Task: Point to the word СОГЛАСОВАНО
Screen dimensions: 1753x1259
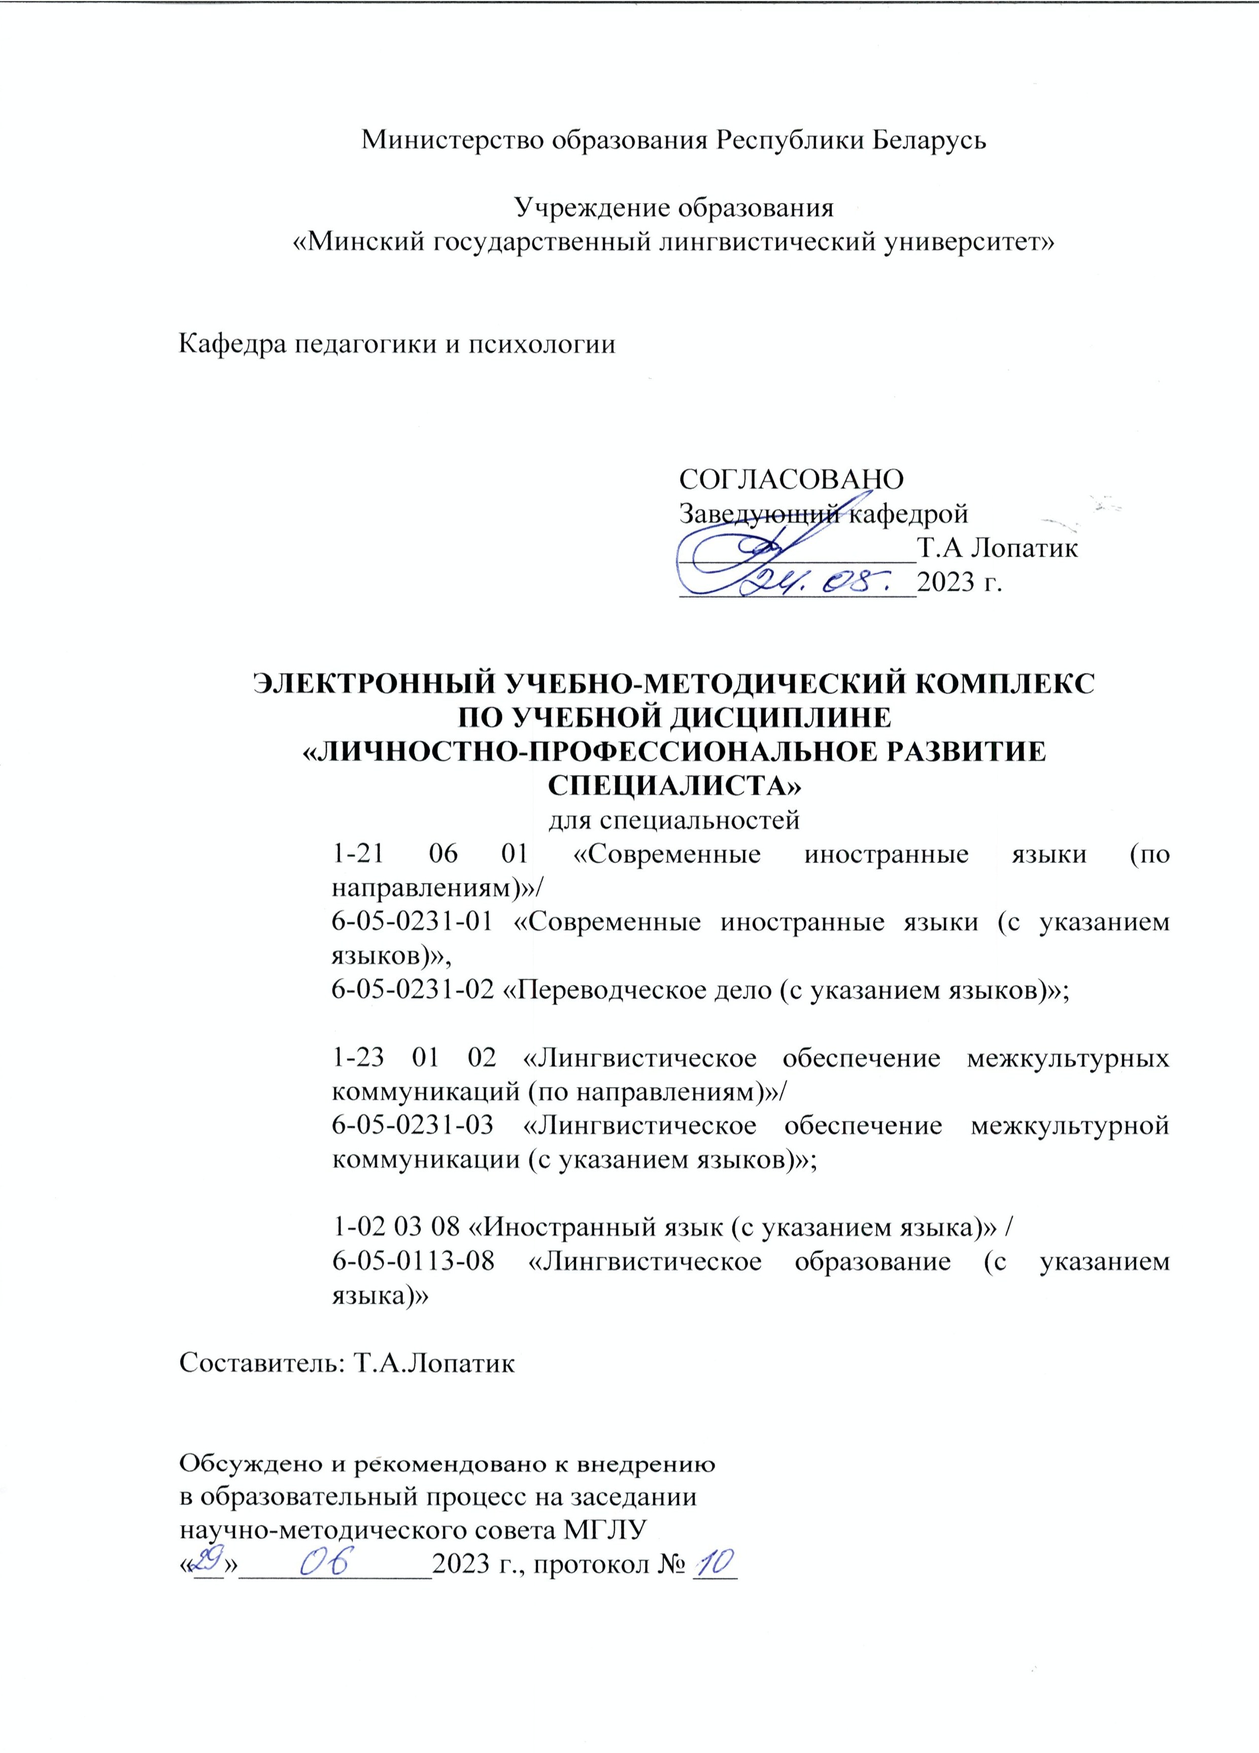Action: tap(790, 479)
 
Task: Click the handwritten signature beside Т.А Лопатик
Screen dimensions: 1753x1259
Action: tap(762, 547)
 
